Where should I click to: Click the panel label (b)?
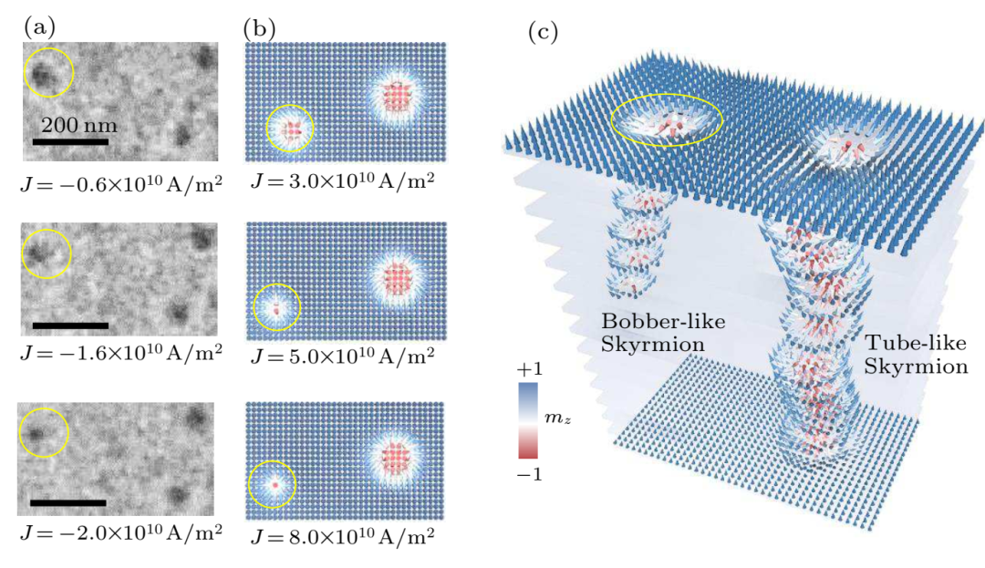pyautogui.click(x=258, y=27)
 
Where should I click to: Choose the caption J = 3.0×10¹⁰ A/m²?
pyautogui.click(x=342, y=178)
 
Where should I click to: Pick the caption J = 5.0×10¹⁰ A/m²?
pyautogui.click(x=342, y=356)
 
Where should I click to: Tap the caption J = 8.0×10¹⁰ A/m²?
pyautogui.click(x=342, y=533)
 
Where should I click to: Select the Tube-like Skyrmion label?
pyautogui.click(x=916, y=356)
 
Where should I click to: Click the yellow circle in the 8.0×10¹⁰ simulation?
pyautogui.click(x=273, y=485)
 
